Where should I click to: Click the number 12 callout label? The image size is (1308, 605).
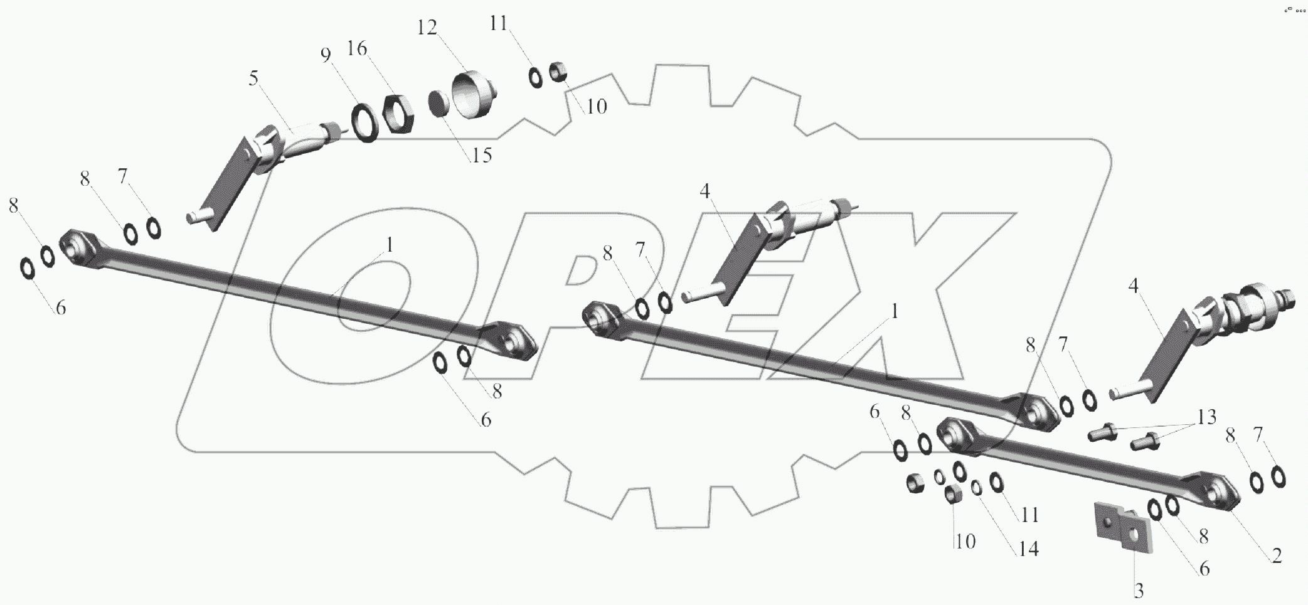(427, 28)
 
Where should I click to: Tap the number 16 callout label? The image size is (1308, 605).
(357, 48)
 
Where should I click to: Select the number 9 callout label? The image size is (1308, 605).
(325, 55)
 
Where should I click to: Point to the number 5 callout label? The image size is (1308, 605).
(253, 78)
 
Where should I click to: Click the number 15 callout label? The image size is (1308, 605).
(481, 155)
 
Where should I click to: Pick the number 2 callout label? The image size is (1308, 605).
(1276, 556)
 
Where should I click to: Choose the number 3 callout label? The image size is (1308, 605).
(1138, 591)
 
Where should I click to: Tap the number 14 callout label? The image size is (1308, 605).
(1028, 549)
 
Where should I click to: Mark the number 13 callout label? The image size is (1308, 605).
(1206, 417)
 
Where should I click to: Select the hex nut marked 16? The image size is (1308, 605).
(396, 114)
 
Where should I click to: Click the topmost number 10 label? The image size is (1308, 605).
(597, 107)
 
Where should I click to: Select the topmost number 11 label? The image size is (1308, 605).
(499, 24)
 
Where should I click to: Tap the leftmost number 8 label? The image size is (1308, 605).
(14, 205)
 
